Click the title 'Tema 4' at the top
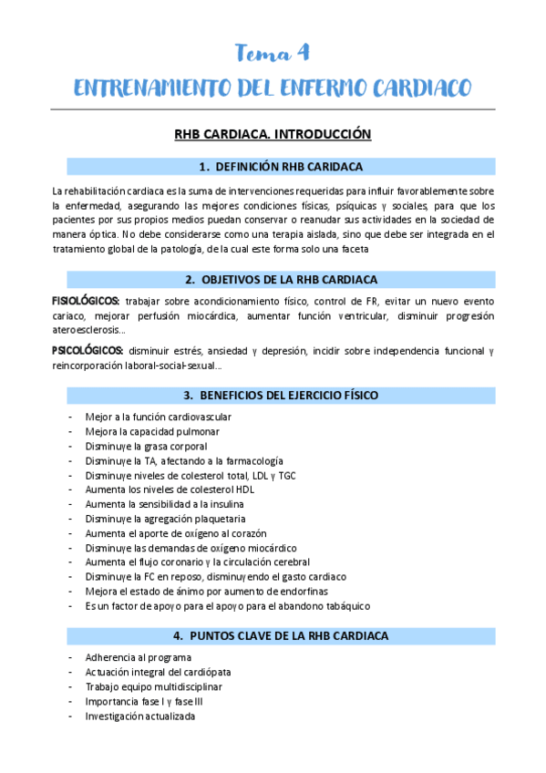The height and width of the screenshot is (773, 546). click(x=273, y=53)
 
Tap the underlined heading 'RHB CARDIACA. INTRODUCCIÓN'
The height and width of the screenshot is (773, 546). click(x=273, y=134)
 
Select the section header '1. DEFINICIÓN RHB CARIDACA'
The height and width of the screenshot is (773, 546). click(x=281, y=167)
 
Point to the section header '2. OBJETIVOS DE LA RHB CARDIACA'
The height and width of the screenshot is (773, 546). click(x=281, y=280)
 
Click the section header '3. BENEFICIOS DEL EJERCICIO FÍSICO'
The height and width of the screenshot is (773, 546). click(x=281, y=395)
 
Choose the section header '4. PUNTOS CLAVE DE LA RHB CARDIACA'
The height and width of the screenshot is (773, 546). click(x=281, y=635)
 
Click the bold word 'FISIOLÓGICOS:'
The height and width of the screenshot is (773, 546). click(x=86, y=301)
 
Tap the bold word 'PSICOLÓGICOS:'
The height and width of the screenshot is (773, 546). click(x=88, y=350)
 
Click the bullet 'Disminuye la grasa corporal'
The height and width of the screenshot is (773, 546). click(x=146, y=447)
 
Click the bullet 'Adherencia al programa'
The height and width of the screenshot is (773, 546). click(x=138, y=657)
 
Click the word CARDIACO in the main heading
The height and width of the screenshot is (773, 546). click(x=418, y=88)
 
